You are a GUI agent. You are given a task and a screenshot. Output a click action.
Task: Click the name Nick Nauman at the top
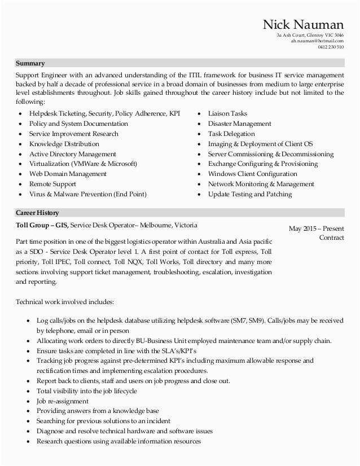304,24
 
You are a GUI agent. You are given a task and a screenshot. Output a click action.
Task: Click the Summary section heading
30,63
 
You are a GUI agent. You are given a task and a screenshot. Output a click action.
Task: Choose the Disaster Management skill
239,124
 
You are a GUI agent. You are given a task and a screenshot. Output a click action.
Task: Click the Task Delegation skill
231,134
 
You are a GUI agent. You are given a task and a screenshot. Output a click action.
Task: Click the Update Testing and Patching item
250,194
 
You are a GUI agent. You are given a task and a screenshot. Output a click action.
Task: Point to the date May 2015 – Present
316,228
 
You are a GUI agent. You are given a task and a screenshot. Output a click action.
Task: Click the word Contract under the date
331,238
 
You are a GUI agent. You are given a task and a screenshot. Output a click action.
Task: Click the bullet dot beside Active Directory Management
21,154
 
